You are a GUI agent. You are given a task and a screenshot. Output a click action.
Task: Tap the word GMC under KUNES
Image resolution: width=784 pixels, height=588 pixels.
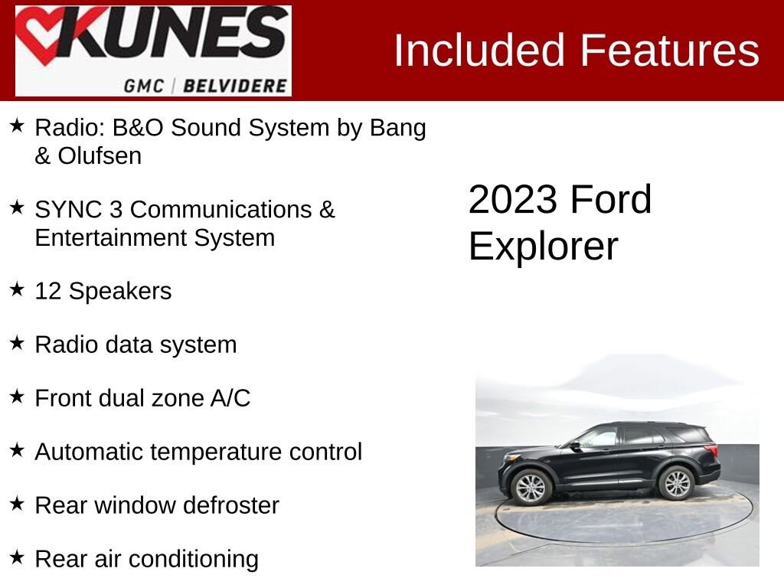point(144,84)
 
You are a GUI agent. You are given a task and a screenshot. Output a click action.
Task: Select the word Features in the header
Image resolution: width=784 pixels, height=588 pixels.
point(669,51)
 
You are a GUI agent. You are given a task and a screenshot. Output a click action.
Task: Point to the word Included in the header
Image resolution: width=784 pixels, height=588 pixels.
point(479,51)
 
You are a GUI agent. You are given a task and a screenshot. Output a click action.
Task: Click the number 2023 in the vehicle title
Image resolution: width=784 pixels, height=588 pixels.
point(512,200)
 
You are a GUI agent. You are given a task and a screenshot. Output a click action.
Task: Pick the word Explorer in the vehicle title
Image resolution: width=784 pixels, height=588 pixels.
point(543,247)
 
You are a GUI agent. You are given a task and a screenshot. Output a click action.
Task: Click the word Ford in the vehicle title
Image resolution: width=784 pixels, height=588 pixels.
point(610,200)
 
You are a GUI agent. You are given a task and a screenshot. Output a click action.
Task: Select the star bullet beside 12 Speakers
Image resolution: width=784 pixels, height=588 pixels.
point(18,289)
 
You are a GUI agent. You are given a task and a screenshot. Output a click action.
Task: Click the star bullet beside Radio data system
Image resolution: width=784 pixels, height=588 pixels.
point(18,343)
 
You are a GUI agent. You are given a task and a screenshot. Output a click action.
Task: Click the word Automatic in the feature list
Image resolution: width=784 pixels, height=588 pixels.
point(89,452)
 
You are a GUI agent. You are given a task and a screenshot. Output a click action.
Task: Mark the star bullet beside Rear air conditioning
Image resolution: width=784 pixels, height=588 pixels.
point(18,557)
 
